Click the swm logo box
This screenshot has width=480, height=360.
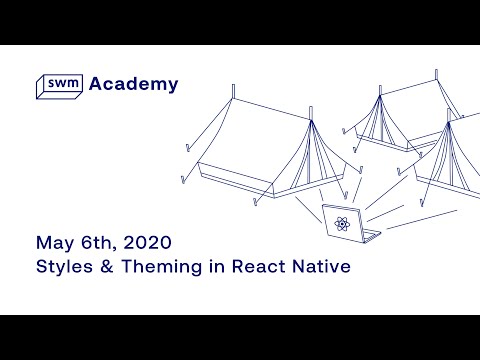click(58, 86)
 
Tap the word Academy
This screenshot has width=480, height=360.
click(134, 84)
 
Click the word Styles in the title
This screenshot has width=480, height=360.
click(63, 267)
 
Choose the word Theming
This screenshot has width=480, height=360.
click(158, 268)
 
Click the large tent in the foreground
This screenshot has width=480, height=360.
click(265, 150)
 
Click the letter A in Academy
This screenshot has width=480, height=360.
click(96, 84)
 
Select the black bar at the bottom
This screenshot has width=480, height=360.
click(240, 337)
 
